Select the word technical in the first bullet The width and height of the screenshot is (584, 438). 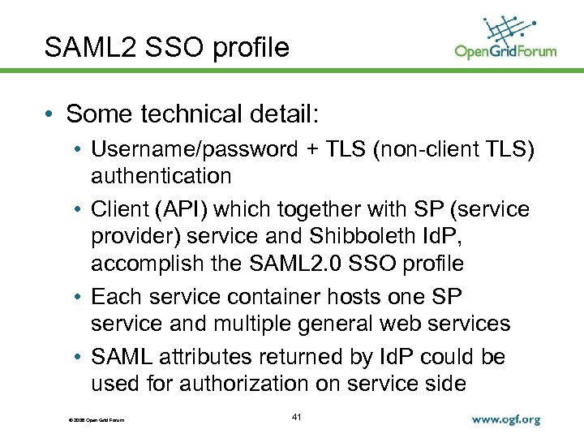[x=188, y=114]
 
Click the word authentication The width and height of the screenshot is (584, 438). [x=161, y=175]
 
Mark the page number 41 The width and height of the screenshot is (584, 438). [x=296, y=417]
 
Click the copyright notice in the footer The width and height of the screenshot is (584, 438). [x=91, y=419]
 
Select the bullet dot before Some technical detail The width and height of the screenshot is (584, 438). [x=51, y=115]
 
